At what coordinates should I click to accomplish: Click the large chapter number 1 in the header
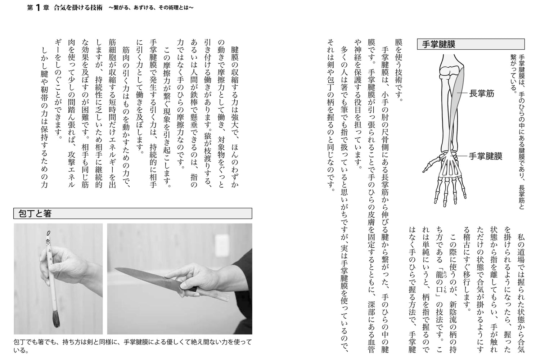(x=38, y=8)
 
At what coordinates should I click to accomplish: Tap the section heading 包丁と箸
(x=35, y=213)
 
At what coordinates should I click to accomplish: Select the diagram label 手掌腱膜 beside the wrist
(x=485, y=156)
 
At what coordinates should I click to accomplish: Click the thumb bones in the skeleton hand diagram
(x=430, y=164)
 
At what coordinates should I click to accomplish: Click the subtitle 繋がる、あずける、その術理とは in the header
(x=152, y=8)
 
